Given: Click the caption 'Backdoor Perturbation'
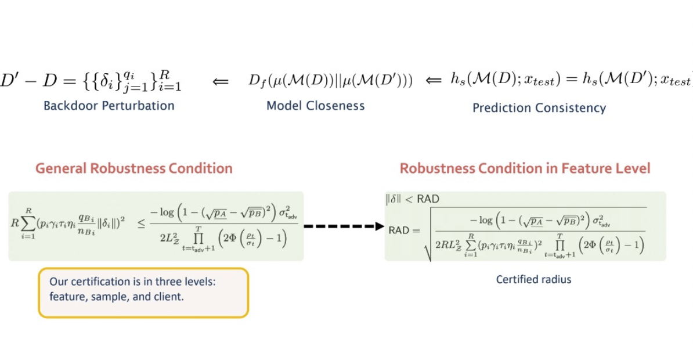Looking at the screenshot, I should tap(109, 106).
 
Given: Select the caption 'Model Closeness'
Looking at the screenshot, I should tap(315, 106).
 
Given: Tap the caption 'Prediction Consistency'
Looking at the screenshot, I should tap(539, 107).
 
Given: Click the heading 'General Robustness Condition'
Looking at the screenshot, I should tap(134, 168).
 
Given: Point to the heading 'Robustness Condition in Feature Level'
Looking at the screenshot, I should tap(525, 168).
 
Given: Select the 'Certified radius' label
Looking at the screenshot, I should tap(533, 279).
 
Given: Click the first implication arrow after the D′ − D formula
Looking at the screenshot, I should tap(220, 82).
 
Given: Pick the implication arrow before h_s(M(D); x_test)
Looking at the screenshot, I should tap(434, 81).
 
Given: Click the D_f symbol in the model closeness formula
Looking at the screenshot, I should tap(255, 81).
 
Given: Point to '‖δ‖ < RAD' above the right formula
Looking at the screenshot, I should tap(413, 199).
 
